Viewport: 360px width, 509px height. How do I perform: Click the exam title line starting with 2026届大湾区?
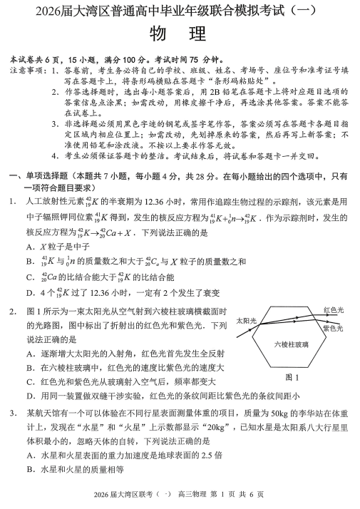(x=180, y=11)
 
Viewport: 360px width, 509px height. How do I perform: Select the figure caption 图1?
(x=292, y=377)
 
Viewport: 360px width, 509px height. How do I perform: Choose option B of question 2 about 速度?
(x=125, y=368)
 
